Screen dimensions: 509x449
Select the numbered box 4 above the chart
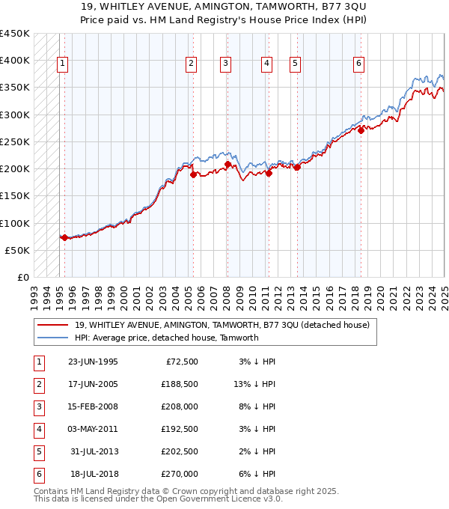[266, 64]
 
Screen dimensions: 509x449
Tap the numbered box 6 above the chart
[359, 64]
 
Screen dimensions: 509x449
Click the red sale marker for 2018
[361, 130]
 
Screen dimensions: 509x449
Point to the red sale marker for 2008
[227, 164]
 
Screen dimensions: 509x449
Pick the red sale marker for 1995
[64, 237]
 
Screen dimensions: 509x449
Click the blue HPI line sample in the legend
[53, 338]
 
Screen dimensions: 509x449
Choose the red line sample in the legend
[53, 325]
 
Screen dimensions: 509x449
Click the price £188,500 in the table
[180, 385]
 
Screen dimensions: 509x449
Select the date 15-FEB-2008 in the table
[93, 406]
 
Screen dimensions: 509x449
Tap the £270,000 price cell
[180, 474]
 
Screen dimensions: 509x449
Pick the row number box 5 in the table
[38, 451]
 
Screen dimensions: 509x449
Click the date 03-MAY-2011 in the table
[93, 429]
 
